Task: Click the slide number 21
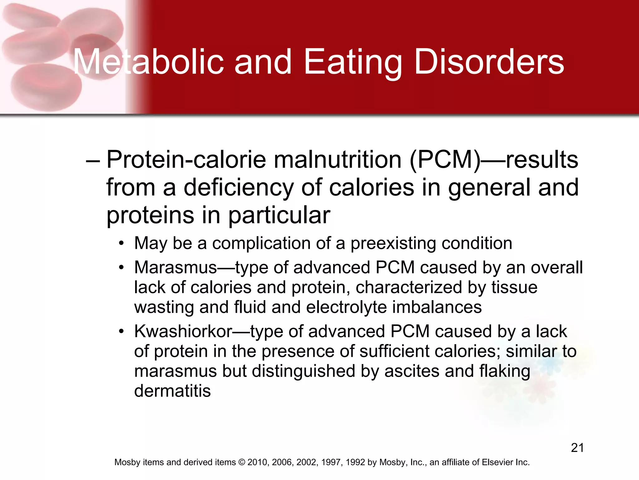577,448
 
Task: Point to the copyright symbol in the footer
241,462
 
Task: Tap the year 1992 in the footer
355,462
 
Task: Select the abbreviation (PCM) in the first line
445,160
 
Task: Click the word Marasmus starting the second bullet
176,267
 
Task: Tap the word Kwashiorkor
183,331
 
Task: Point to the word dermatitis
172,391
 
